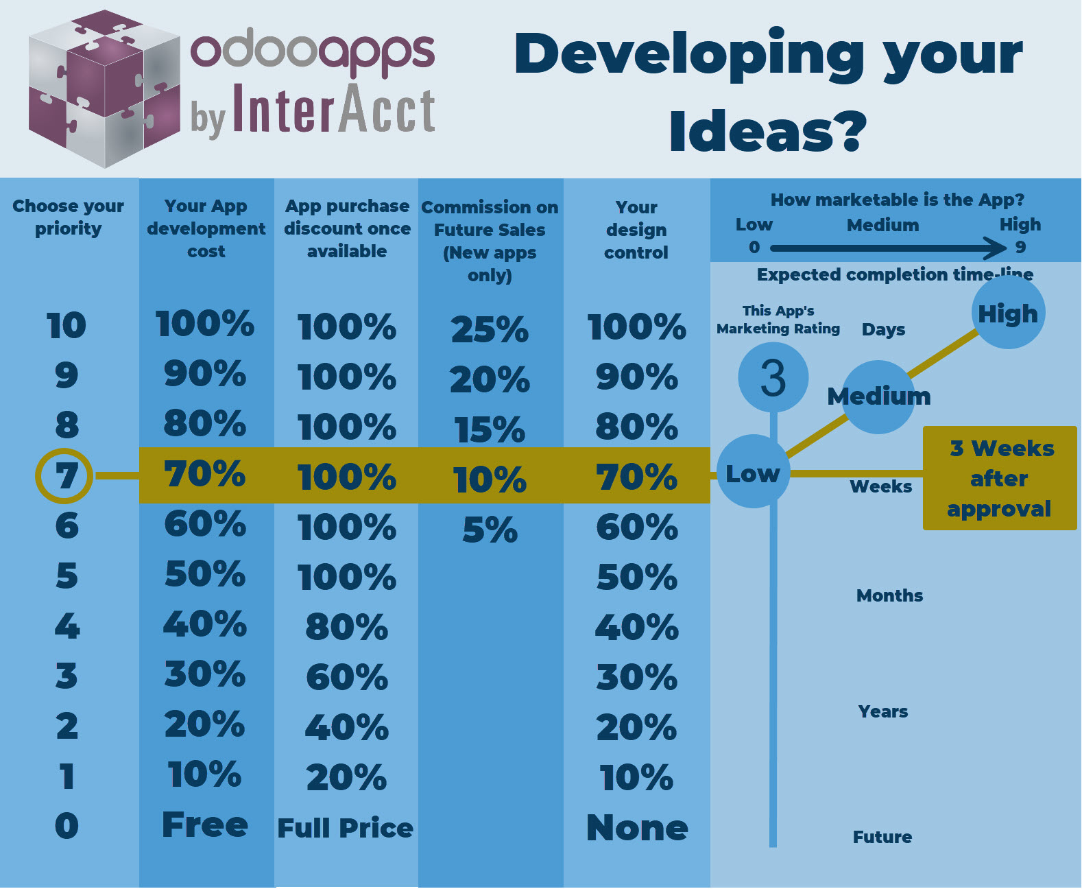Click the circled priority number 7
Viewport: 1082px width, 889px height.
(64, 476)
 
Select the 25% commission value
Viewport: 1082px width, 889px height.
(490, 329)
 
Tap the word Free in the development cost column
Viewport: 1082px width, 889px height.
(205, 825)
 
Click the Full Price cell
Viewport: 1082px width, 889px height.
(346, 828)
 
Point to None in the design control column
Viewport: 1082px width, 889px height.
(637, 827)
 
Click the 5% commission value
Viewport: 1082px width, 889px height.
(490, 530)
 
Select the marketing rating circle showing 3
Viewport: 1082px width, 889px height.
(773, 378)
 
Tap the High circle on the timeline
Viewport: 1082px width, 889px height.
(1008, 313)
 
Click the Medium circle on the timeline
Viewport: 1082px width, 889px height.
(878, 396)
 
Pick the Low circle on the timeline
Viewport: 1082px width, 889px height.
(753, 472)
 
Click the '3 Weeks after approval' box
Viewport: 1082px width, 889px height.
(1000, 478)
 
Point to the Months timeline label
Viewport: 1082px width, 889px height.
(889, 595)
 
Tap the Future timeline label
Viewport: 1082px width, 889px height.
(882, 837)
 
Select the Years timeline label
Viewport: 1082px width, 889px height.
(883, 711)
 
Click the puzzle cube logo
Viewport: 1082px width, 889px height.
(104, 88)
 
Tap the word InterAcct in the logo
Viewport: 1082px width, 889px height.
(334, 108)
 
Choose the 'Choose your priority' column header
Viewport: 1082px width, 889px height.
(68, 217)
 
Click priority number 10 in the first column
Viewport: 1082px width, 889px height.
(67, 325)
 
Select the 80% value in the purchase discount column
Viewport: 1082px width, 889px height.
(347, 627)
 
